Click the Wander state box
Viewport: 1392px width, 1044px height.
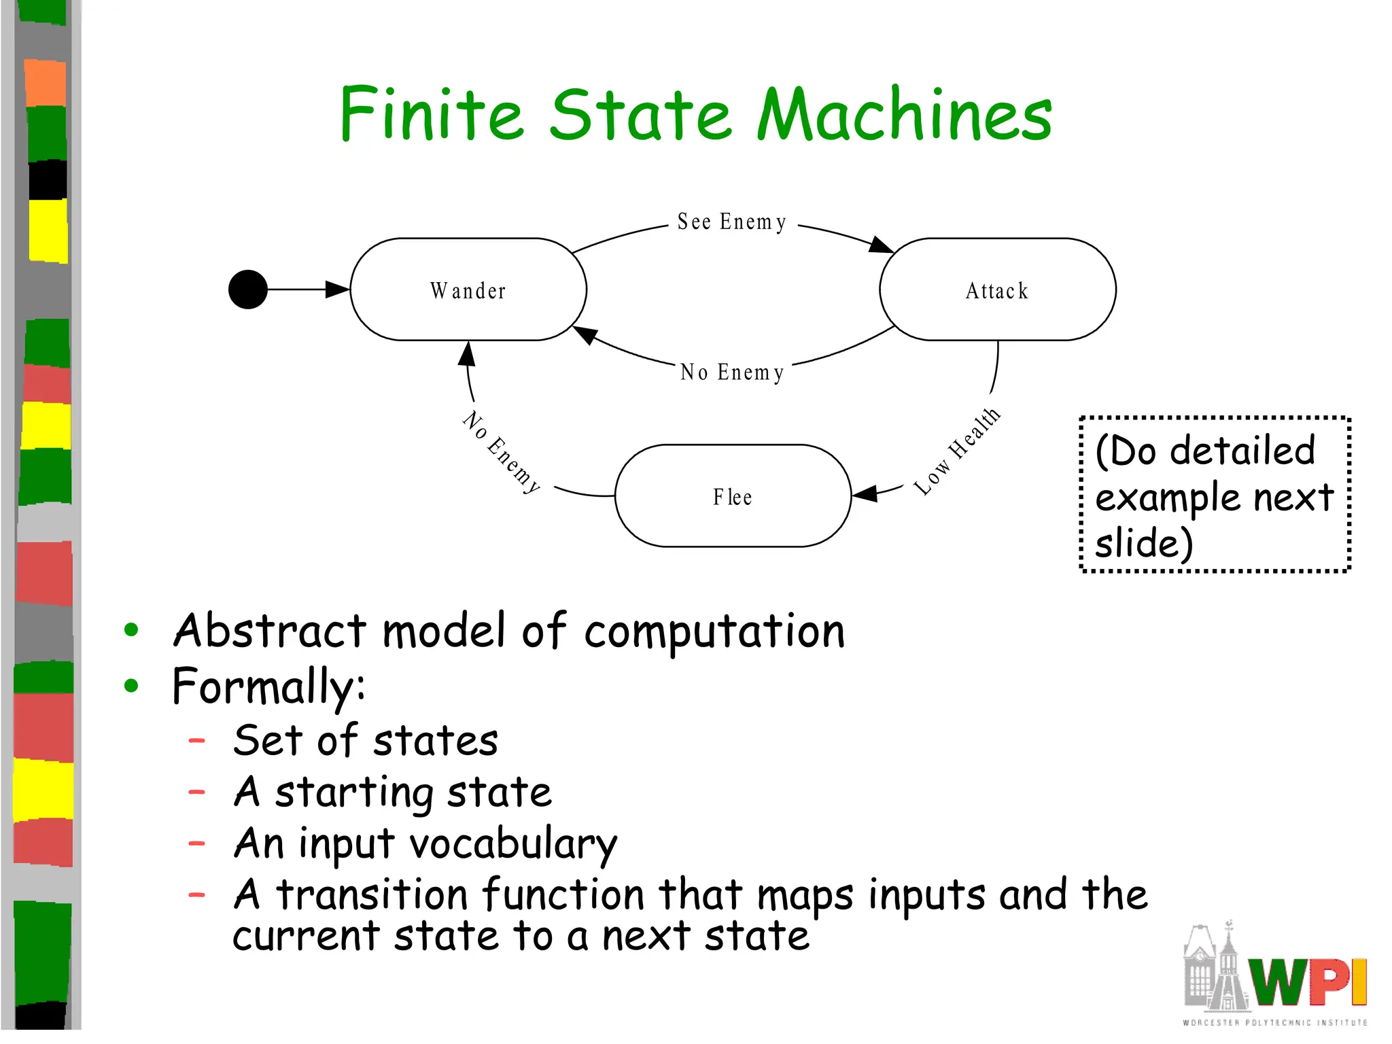[x=468, y=290]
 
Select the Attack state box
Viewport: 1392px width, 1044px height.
[x=997, y=290]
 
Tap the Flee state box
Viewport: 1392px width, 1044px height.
[x=733, y=496]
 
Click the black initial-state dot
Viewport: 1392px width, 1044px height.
[x=248, y=290]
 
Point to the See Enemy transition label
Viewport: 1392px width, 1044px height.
[x=732, y=222]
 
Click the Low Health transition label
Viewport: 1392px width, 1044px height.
[x=957, y=451]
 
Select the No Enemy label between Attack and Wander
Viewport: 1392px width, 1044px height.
[x=732, y=372]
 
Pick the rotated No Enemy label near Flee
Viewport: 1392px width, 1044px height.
[x=502, y=451]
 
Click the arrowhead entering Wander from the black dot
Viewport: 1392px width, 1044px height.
[x=338, y=290]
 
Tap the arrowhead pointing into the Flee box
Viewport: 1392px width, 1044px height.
[x=865, y=493]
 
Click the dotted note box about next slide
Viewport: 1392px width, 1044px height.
[x=1215, y=495]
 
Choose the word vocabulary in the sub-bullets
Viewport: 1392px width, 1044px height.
[x=513, y=844]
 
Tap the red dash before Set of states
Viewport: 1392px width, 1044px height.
[x=197, y=741]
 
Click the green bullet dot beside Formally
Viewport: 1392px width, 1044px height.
[x=131, y=686]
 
